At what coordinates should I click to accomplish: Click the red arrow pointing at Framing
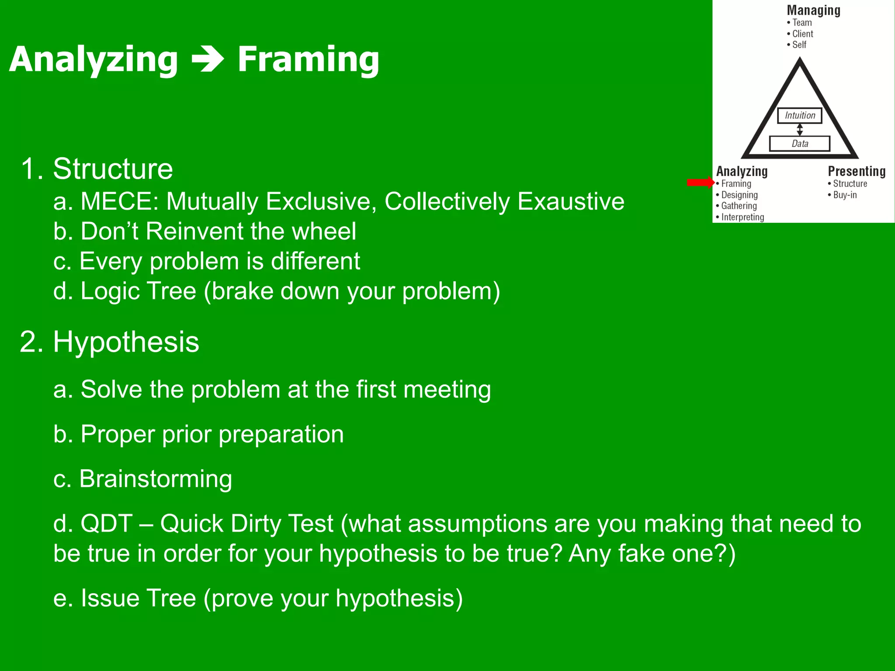[700, 183]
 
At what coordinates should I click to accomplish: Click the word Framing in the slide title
[308, 60]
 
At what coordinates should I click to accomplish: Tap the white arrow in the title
[208, 60]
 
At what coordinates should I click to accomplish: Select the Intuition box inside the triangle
[800, 115]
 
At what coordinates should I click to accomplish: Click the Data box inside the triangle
[800, 143]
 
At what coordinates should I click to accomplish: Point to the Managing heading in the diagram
[813, 10]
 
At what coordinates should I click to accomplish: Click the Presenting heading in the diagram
[857, 171]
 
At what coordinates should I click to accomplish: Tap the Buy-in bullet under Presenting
[844, 195]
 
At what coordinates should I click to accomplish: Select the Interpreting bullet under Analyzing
[742, 217]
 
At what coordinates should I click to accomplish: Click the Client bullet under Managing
[802, 34]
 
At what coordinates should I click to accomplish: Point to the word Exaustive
[571, 202]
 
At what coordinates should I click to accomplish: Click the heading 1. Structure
[97, 169]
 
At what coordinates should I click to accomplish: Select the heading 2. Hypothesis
[110, 342]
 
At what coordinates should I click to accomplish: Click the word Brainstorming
[156, 479]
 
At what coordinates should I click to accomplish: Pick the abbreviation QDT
[106, 523]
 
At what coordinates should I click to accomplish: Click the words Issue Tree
[138, 598]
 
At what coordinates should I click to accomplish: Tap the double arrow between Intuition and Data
[800, 129]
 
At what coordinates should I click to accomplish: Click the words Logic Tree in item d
[138, 291]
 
